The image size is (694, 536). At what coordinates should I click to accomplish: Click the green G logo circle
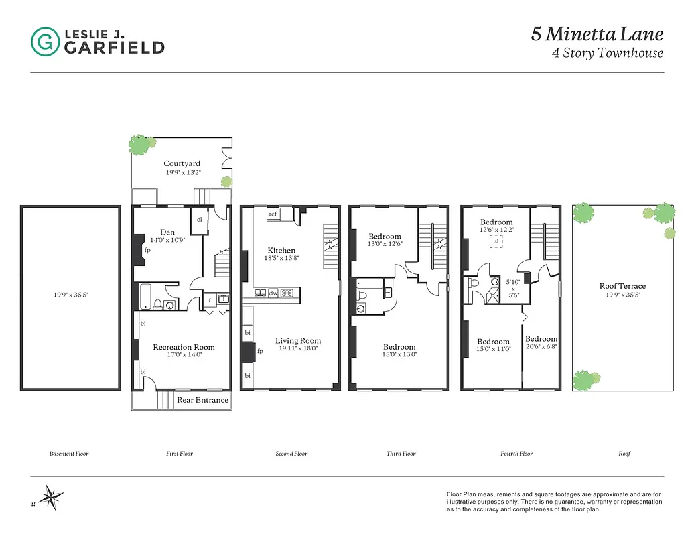coord(44,42)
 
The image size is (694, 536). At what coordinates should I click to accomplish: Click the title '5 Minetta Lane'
coord(598,34)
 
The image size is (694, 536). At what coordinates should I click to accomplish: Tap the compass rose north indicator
coord(50,497)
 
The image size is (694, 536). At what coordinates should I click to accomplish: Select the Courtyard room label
coord(182,163)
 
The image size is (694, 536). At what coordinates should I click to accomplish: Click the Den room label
coord(167,232)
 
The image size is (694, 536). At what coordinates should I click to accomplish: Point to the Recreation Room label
coord(184,347)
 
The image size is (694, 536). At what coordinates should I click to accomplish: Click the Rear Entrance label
coord(202,400)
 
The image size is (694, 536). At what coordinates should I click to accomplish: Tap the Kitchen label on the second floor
coord(281,250)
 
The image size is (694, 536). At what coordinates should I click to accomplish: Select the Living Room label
coord(298,340)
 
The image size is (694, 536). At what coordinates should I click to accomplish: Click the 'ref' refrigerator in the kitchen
coord(273,214)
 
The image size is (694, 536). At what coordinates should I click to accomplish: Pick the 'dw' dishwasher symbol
coord(273,293)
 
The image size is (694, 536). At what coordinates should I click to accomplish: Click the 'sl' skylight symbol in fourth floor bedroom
coord(496,241)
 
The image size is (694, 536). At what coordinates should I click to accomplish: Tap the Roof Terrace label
coord(622,286)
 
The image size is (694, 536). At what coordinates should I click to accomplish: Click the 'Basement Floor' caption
coord(69,454)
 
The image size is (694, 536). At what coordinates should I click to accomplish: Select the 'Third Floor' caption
coord(401,454)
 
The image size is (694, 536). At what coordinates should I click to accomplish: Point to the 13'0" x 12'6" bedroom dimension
coord(385,244)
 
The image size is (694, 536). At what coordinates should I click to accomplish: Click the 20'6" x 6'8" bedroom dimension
coord(541,347)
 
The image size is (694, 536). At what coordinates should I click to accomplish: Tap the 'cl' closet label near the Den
coord(199,220)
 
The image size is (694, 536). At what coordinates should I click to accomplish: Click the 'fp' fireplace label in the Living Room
coord(260,350)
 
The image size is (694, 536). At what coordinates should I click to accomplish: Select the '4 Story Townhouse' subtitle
coord(608,54)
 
